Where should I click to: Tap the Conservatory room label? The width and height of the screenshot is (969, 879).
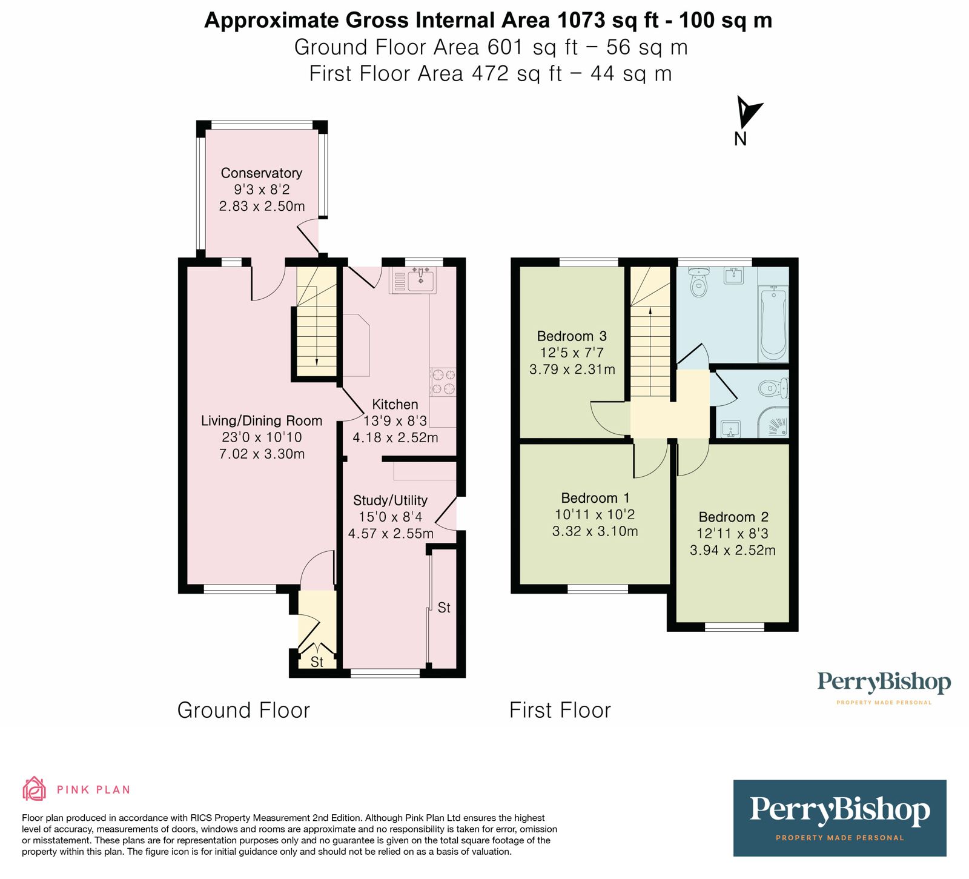[x=261, y=173]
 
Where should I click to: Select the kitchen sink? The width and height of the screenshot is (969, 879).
[x=420, y=280]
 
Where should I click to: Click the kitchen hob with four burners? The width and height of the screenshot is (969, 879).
[x=443, y=382]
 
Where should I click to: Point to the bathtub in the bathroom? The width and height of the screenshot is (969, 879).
[x=773, y=324]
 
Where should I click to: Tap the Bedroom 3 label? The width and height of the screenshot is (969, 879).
[x=572, y=336]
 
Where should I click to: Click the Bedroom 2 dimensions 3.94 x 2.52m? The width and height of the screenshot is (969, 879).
[x=732, y=551]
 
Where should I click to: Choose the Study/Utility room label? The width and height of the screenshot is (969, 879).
[x=390, y=500]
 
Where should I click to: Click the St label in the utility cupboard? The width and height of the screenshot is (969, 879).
[x=444, y=608]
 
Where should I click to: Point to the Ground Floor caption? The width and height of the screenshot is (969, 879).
[x=243, y=710]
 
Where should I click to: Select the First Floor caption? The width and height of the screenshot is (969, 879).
[x=560, y=710]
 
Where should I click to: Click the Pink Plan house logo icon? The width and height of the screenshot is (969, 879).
[x=35, y=789]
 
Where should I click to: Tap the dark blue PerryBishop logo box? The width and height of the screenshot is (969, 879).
[x=839, y=818]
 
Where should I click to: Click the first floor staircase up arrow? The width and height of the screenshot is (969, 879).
[x=650, y=311]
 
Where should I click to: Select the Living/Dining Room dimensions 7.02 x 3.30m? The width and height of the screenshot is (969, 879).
[x=262, y=454]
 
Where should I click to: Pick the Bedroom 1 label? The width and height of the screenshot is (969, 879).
[x=595, y=498]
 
